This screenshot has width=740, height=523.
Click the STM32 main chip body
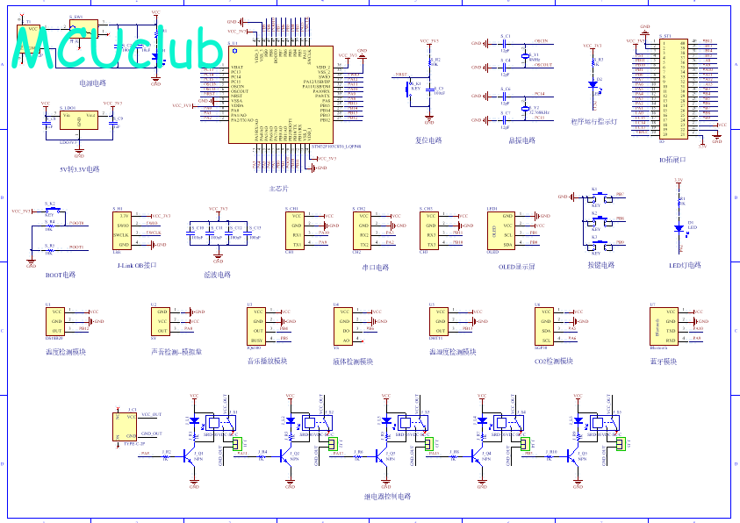coord(280,96)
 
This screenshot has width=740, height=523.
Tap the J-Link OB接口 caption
coord(137,264)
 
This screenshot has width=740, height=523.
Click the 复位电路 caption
coord(428,140)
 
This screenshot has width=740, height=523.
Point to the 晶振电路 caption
coord(521,140)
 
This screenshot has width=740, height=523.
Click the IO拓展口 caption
coord(672,160)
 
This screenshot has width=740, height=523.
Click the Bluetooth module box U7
coord(664,325)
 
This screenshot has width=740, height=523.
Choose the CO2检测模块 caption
coord(554,361)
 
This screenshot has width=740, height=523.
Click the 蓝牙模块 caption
coord(663,361)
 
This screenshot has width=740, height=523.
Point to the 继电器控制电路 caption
coord(387,497)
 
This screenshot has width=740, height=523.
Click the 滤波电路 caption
coord(217,275)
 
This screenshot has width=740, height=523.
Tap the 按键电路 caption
coord(601,264)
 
